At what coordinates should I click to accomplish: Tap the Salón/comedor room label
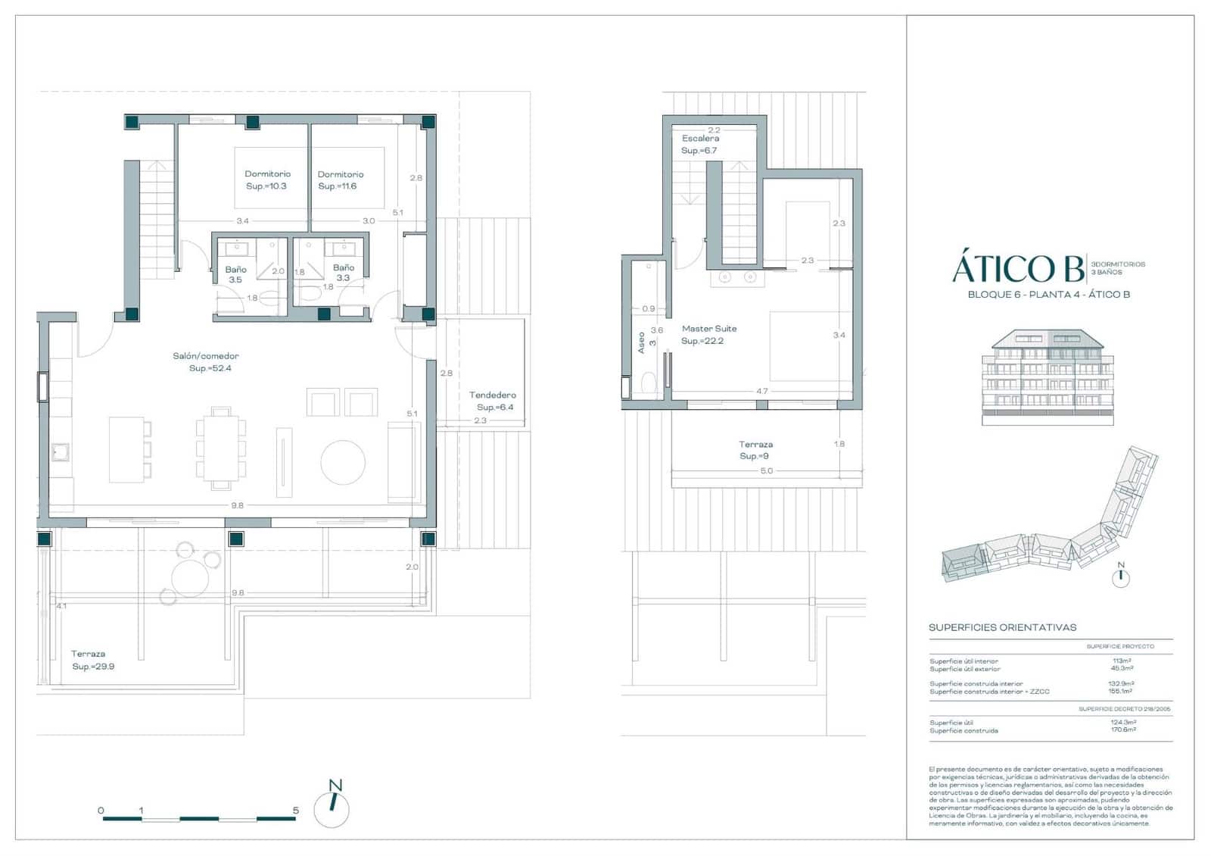206,361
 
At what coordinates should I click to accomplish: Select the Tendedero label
493,401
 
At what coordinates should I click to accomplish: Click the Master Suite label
708,334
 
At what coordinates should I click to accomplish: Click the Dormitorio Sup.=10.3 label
267,180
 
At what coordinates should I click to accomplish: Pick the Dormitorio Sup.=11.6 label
340,180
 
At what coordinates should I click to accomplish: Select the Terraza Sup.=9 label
755,450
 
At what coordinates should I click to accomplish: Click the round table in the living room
343,462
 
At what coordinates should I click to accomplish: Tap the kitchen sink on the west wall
60,452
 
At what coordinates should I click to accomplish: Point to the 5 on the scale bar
295,811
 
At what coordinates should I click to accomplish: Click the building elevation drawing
1048,376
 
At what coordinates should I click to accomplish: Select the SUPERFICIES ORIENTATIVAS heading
1002,627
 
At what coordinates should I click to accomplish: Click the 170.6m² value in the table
1122,730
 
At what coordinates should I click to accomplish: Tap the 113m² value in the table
1122,661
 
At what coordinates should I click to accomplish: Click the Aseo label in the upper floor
642,342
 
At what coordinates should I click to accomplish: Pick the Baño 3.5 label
235,274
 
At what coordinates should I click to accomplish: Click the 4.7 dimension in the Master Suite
761,392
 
